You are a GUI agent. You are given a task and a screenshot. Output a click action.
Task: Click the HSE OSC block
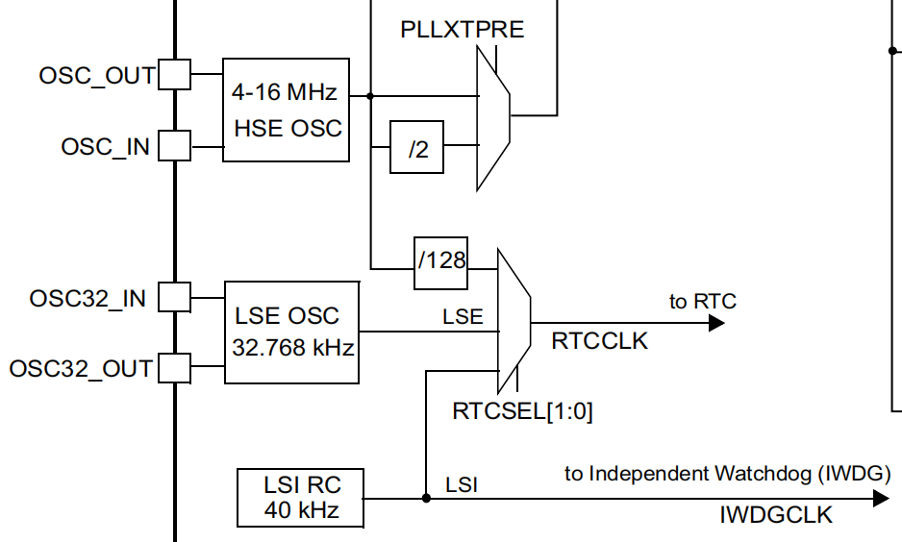point(286,110)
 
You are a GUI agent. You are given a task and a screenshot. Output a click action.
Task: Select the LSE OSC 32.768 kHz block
point(292,332)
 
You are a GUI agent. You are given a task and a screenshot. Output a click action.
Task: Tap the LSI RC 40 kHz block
point(301,497)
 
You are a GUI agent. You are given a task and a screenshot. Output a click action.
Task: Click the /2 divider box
point(416,147)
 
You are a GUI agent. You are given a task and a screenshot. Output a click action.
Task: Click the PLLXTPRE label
point(463,30)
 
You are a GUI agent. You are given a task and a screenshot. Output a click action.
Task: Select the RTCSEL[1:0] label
point(523,412)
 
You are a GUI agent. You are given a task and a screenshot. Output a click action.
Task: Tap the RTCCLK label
point(600,340)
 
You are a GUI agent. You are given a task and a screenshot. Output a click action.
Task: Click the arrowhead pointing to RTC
point(715,323)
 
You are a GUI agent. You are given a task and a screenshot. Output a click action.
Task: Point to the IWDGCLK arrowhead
point(880,498)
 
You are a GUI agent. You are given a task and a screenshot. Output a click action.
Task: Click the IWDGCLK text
point(777,516)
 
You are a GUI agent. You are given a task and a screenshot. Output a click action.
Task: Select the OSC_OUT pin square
point(173,74)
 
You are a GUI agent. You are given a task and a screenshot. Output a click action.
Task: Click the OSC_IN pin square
point(173,146)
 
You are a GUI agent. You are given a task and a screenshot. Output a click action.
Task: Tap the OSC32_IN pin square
point(173,297)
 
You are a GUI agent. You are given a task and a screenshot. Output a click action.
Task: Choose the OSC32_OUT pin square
point(173,367)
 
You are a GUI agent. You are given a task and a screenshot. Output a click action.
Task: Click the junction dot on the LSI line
point(425,498)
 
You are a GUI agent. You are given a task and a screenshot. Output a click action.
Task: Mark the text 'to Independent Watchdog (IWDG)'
point(727,474)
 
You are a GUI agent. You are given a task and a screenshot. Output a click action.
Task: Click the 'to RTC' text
point(703,302)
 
